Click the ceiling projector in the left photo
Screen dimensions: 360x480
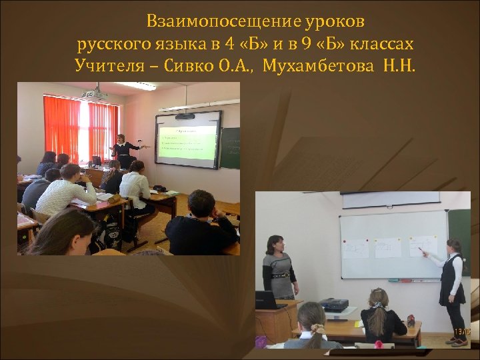coord(94,94)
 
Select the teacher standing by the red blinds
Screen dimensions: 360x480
coord(122,149)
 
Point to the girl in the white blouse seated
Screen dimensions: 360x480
coord(135,185)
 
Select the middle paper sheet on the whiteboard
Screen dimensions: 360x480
coord(387,248)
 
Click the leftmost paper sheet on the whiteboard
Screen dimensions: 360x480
coord(355,249)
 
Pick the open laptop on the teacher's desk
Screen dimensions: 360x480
coord(266,301)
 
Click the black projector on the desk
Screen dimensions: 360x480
coord(334,305)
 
